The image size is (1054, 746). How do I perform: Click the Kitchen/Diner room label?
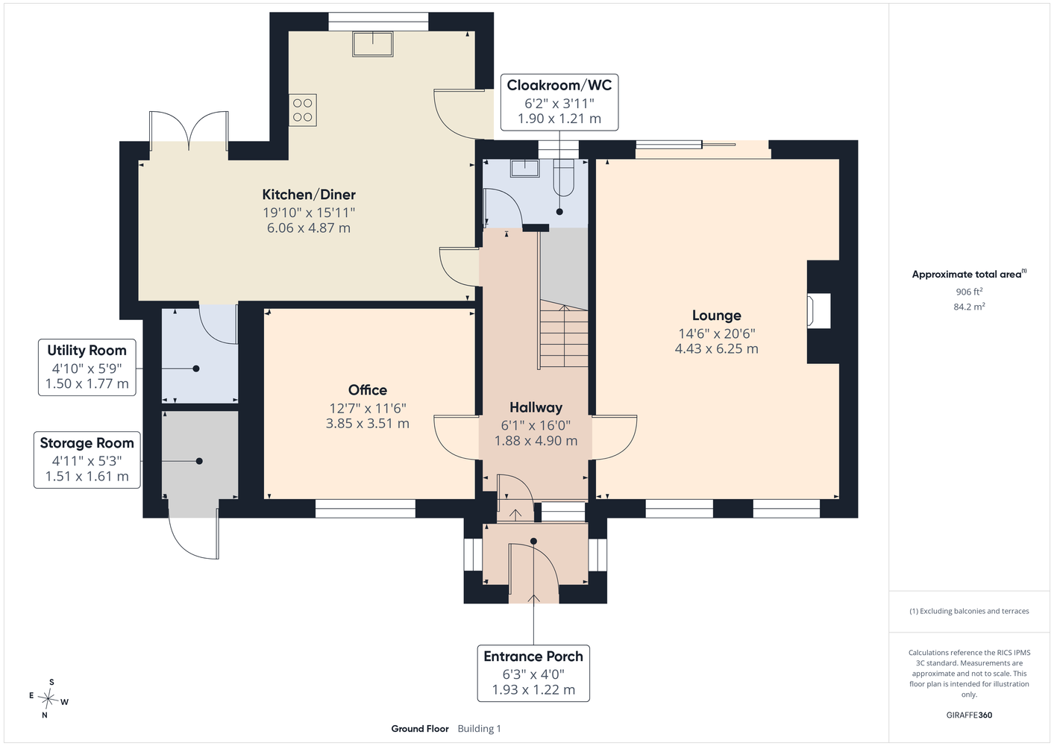[309, 195]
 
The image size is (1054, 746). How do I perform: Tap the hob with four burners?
[303, 110]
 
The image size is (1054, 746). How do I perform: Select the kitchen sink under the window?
[373, 44]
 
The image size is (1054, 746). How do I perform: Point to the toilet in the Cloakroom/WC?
[564, 178]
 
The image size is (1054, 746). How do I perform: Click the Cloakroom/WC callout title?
[559, 85]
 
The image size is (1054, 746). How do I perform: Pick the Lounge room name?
[717, 316]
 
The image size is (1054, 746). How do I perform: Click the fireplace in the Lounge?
[819, 310]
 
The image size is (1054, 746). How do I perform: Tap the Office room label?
[368, 389]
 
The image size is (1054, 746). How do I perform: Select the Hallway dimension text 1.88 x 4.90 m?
[536, 441]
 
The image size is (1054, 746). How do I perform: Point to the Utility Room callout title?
[87, 351]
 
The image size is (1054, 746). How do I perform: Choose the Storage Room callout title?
[87, 443]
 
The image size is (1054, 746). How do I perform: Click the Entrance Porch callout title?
[533, 656]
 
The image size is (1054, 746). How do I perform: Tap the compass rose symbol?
[48, 698]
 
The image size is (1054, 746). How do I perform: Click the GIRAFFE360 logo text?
[969, 715]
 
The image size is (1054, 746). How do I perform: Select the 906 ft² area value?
[969, 292]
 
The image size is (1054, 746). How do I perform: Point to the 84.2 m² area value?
[969, 307]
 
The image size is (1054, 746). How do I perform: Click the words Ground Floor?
[420, 729]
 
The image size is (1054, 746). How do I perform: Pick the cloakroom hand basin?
[524, 169]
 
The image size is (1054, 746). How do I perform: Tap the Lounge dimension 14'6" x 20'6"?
[717, 333]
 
